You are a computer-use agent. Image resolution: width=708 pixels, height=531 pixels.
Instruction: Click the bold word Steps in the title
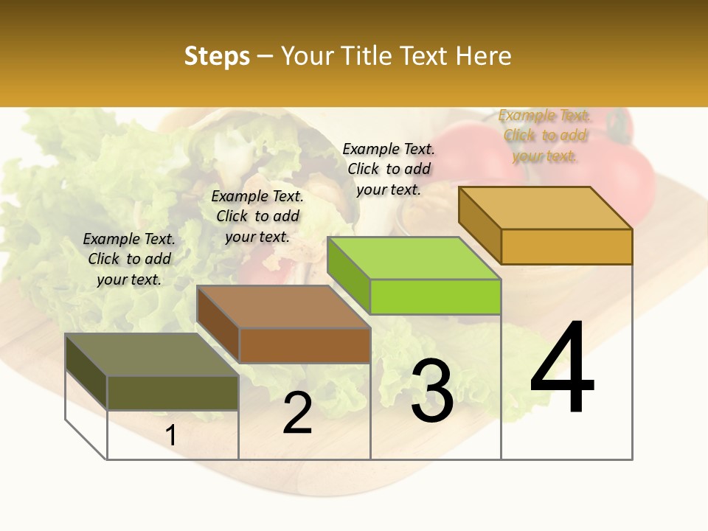click(x=217, y=56)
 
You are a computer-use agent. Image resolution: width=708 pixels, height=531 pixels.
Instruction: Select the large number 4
click(x=563, y=369)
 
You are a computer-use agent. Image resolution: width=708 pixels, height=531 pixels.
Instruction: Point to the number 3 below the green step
click(x=432, y=392)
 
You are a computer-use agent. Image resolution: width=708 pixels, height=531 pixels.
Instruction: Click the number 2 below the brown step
click(x=297, y=414)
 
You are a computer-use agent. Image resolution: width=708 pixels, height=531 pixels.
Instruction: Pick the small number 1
click(x=171, y=436)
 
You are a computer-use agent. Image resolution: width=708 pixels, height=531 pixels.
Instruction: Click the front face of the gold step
click(x=566, y=246)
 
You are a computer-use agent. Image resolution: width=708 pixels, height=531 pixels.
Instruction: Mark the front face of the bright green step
click(x=435, y=296)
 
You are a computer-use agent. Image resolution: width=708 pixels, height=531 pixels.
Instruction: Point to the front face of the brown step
click(x=305, y=345)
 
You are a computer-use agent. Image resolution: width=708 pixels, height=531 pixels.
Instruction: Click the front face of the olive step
click(x=173, y=393)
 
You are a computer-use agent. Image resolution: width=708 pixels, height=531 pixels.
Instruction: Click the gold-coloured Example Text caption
click(x=544, y=136)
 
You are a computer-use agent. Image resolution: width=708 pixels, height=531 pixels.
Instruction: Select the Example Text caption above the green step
click(x=389, y=169)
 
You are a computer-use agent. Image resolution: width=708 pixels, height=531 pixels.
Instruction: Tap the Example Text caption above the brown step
click(x=257, y=216)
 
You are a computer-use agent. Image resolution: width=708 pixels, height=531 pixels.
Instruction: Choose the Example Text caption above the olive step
click(x=129, y=259)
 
